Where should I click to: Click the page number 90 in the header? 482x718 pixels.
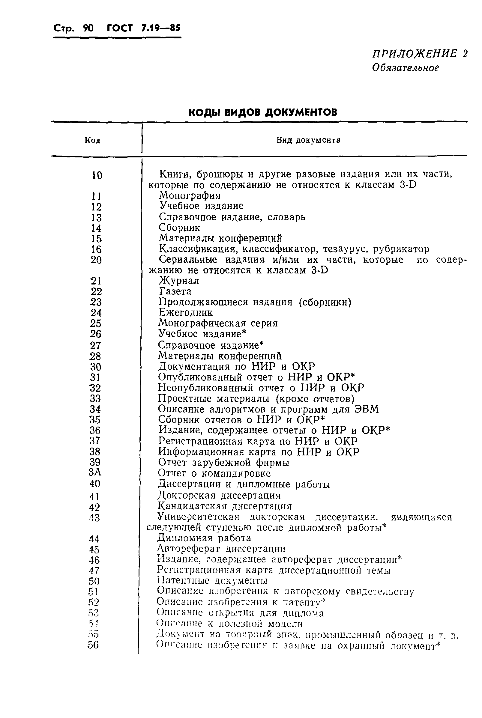point(88,28)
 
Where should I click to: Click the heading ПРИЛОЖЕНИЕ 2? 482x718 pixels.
point(420,54)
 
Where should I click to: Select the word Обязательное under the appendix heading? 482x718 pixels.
point(405,67)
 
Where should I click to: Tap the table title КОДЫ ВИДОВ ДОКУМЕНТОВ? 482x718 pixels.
point(262,112)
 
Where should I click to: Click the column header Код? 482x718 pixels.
point(92,141)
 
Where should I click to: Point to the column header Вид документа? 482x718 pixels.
point(308,140)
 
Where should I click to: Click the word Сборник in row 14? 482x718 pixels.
point(180,228)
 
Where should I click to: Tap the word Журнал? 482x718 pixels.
point(179,281)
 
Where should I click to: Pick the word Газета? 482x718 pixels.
point(175,291)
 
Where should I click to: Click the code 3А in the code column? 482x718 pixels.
point(95,472)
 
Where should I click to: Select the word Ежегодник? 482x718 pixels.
point(186,312)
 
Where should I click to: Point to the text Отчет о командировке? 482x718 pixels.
point(214,473)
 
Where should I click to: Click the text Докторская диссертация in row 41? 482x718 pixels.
point(219,495)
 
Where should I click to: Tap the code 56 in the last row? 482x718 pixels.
point(93,645)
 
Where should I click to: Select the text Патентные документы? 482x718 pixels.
point(212,580)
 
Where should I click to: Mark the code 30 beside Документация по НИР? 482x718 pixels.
point(96,367)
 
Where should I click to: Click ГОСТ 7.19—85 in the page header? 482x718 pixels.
point(143,28)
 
